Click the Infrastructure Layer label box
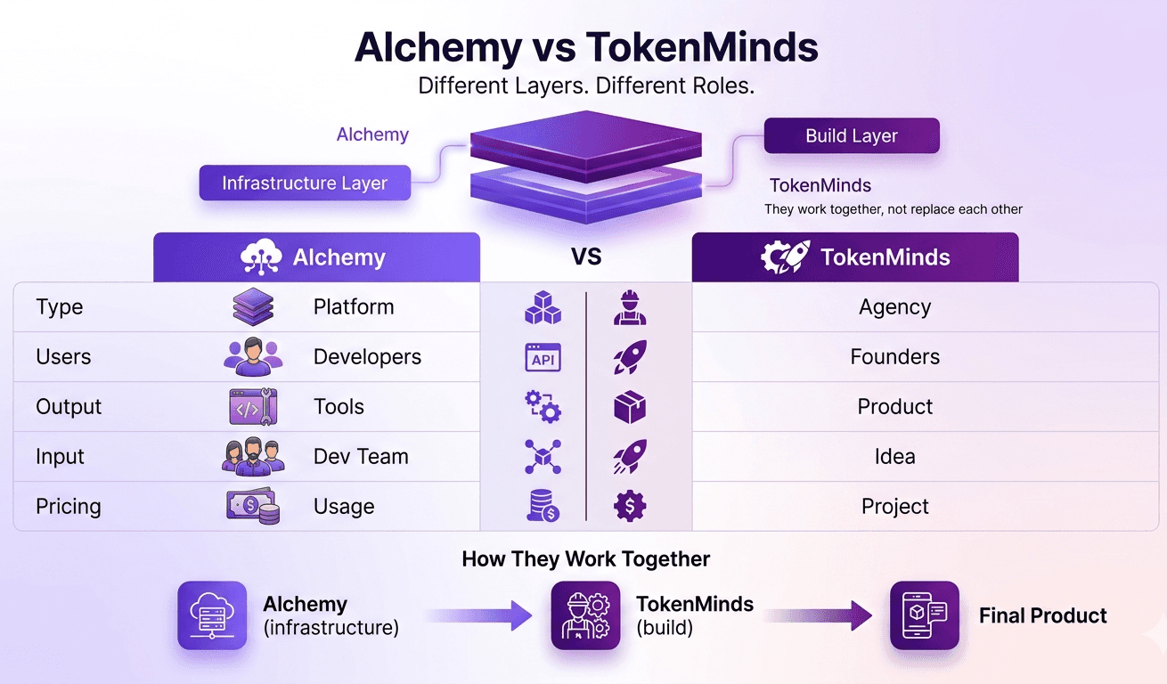point(305,183)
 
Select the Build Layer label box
point(851,136)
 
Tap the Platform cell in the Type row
point(354,307)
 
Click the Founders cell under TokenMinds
point(894,357)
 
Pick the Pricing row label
point(69,507)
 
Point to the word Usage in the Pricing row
point(344,507)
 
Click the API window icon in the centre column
point(543,357)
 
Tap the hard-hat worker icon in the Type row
point(630,308)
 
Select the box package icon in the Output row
point(630,407)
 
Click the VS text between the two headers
point(586,257)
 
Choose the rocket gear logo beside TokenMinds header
point(785,257)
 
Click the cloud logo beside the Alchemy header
point(261,257)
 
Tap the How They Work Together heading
point(585,559)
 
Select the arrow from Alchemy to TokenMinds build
point(480,615)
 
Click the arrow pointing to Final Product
point(820,615)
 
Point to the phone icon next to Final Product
point(925,615)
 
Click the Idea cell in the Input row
point(894,457)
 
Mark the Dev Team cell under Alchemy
point(361,457)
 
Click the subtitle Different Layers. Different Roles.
point(585,86)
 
